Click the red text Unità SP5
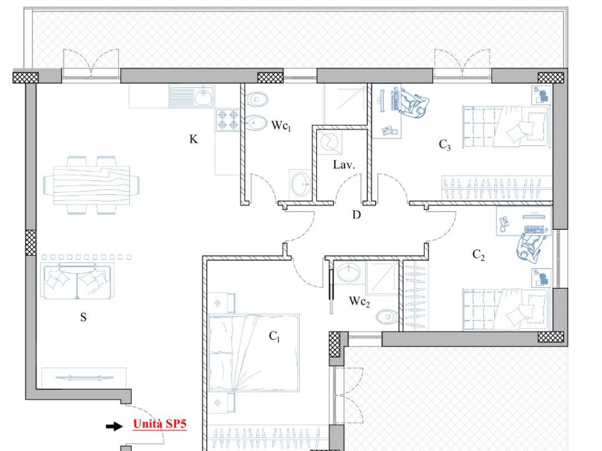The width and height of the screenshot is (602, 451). pos(160,424)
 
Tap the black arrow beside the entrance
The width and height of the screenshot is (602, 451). pos(115,426)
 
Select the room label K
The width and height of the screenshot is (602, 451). pos(193,139)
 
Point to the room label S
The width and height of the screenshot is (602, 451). pos(83,317)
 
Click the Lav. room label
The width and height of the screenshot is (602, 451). pos(344,165)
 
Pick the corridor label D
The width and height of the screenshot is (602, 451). pos(356,215)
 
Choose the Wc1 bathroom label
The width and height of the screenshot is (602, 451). pos(281,126)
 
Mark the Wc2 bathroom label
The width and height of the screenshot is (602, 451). pos(359,302)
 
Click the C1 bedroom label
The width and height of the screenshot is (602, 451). pos(275,336)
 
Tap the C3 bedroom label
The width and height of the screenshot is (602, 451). pos(444,144)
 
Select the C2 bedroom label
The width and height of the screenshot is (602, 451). pos(479,255)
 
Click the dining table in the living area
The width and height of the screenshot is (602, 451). pos(91,185)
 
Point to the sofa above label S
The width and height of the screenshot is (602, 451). pos(76,281)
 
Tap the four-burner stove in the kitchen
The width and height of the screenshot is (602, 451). pos(228,120)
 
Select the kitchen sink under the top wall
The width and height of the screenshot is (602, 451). pos(192,96)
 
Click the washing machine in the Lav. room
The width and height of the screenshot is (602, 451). pos(329,143)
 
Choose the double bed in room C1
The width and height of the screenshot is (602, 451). pos(254,353)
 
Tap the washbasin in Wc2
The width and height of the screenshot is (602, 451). pos(349,272)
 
